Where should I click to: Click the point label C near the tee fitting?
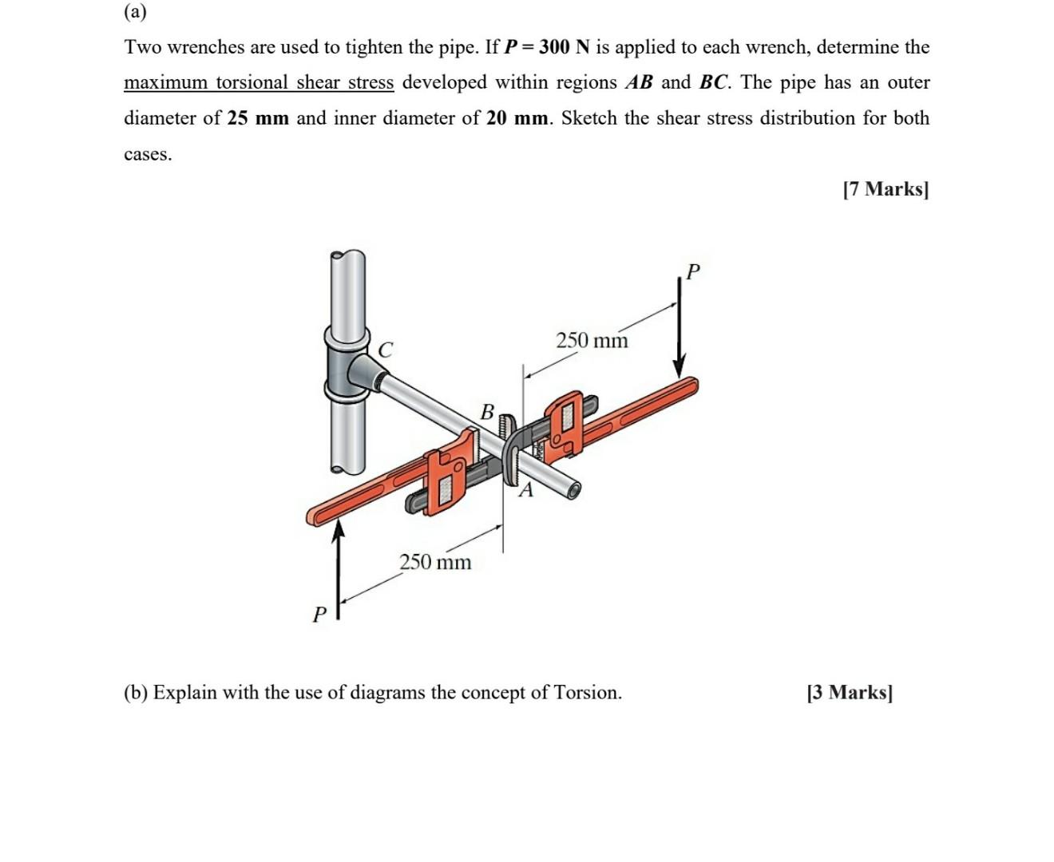[x=386, y=350]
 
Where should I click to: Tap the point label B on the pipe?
[x=487, y=412]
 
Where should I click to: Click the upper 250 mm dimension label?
[x=592, y=341]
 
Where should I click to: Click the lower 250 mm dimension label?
[x=435, y=562]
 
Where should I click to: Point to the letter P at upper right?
[x=692, y=272]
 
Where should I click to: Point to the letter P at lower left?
[x=319, y=615]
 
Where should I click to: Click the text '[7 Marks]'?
[x=886, y=189]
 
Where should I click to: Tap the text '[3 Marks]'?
[x=850, y=692]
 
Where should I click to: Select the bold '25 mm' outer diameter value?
[x=258, y=118]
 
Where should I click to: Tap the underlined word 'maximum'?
[x=165, y=83]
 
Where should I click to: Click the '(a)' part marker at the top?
[x=135, y=12]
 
